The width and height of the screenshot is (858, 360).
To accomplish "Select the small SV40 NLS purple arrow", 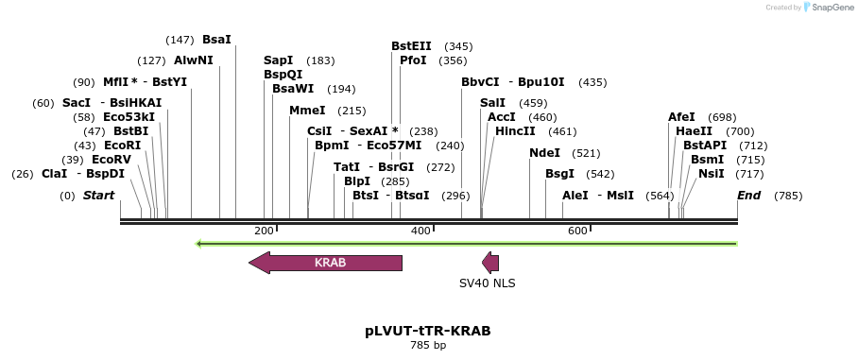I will pos(490,263).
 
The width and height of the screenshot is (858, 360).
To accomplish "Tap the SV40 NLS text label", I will pos(488,283).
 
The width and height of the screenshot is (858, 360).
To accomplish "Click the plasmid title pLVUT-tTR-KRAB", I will pos(428,331).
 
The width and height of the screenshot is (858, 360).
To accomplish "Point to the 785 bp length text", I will pos(428,346).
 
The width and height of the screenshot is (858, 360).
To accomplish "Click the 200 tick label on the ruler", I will pos(264,231).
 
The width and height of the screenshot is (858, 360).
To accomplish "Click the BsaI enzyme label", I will pos(216,40).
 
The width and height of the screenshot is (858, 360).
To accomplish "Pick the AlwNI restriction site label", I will pos(194,60).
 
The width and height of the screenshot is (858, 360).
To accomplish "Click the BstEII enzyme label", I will pos(411,45).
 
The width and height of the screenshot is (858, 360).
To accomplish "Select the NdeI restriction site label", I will pos(544,152).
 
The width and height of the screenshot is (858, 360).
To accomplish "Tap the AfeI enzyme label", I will pos(681,117).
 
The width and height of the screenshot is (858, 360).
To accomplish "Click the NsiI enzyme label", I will pos(711,174).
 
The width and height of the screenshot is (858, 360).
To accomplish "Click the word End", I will pos(748,196).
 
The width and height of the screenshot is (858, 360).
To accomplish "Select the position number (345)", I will pos(458,46).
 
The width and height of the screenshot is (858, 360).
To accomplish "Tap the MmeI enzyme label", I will pos(307,111).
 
